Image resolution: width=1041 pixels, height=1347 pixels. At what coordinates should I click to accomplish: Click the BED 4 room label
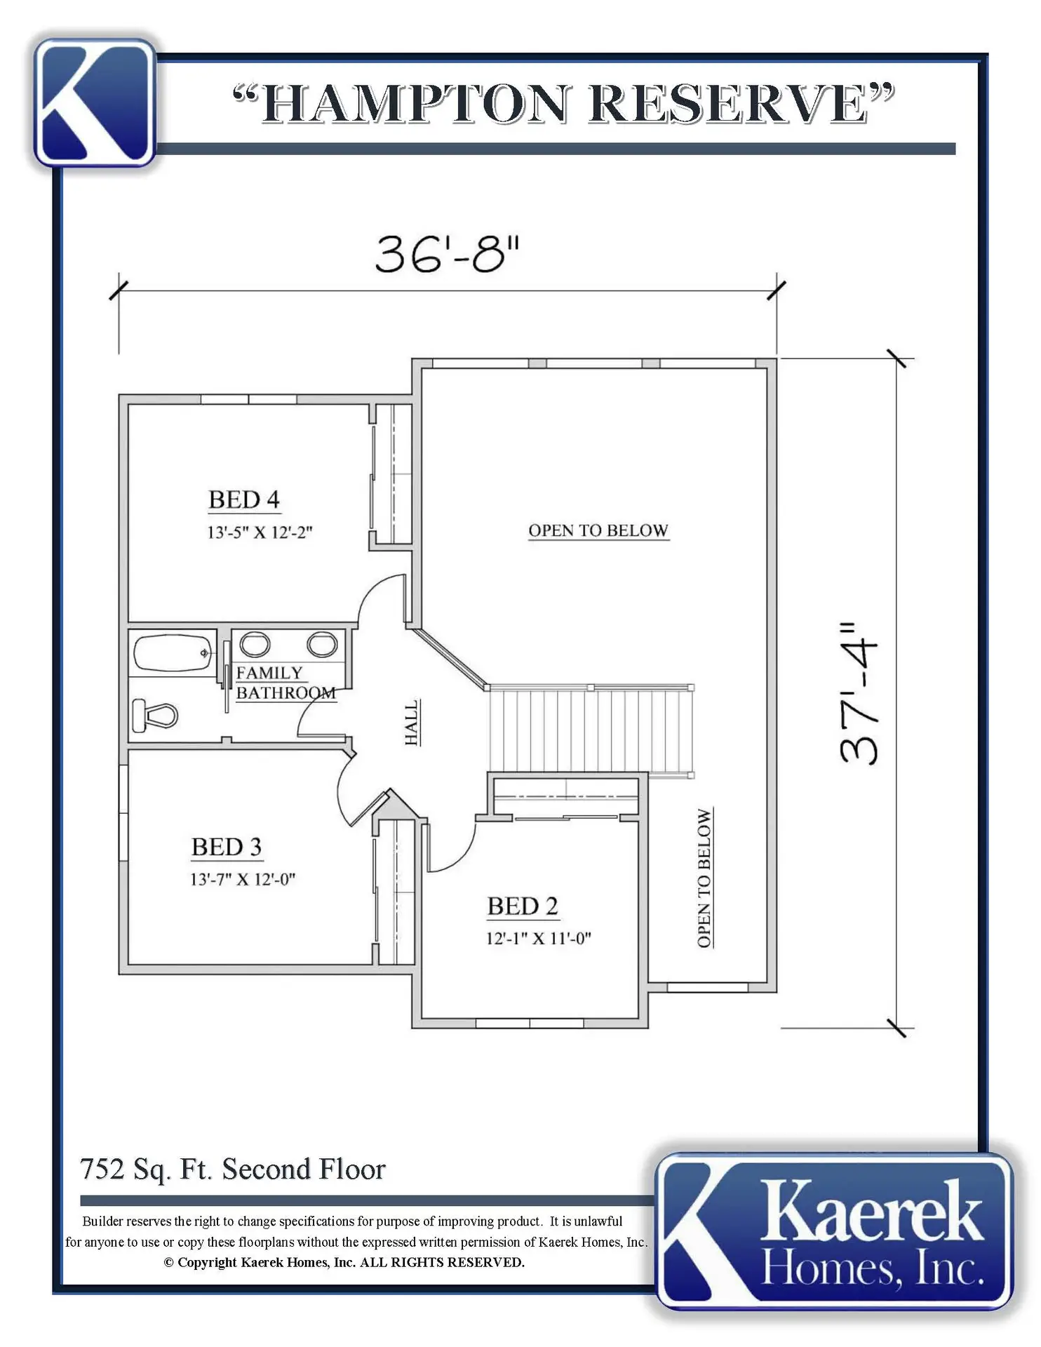[x=244, y=500]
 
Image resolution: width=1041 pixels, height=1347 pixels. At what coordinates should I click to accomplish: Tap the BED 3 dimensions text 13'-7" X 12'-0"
[x=243, y=879]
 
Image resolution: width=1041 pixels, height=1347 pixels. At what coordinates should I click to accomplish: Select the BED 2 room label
[x=523, y=906]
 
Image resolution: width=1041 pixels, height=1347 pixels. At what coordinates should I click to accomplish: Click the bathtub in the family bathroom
[x=173, y=653]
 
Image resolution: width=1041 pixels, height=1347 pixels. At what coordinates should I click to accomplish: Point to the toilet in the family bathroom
[x=154, y=715]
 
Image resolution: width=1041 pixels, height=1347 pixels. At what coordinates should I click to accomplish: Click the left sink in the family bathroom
[x=255, y=643]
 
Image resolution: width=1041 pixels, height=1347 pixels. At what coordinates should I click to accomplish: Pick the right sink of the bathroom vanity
[x=322, y=643]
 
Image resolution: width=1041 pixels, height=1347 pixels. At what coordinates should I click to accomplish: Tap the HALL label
[x=412, y=722]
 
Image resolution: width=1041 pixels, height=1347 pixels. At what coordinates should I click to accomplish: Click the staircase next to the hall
[x=591, y=730]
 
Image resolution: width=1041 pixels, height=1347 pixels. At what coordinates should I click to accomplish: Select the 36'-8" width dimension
[x=448, y=254]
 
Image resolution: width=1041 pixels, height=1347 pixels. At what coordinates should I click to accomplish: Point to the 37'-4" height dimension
[x=858, y=692]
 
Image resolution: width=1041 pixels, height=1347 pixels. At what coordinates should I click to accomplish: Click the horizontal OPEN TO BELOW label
[x=598, y=530]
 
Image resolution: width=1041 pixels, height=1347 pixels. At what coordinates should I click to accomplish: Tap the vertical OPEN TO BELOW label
[x=704, y=878]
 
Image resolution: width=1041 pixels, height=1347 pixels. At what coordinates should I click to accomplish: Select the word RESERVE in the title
[x=729, y=103]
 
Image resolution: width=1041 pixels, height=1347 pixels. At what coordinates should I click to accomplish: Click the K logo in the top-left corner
[x=95, y=102]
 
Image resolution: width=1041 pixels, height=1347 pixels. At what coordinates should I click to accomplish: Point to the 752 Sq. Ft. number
[x=102, y=1170]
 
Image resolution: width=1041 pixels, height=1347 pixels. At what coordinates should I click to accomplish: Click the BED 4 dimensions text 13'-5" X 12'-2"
[x=259, y=532]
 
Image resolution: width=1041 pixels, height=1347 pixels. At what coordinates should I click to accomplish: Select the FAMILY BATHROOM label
[x=286, y=683]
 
